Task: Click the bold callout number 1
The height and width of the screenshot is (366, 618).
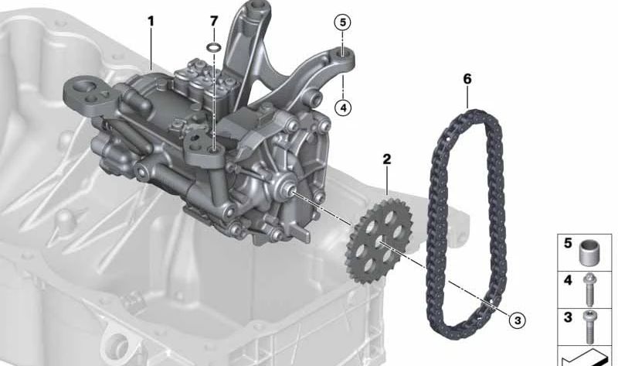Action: pyautogui.click(x=151, y=22)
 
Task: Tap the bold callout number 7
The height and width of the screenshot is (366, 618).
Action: pyautogui.click(x=214, y=21)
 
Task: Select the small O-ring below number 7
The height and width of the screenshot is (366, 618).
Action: pyautogui.click(x=214, y=47)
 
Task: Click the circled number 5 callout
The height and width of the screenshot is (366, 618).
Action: pyautogui.click(x=342, y=22)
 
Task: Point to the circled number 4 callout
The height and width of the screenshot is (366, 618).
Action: pyautogui.click(x=343, y=108)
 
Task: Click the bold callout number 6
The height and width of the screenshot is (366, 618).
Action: pyautogui.click(x=467, y=79)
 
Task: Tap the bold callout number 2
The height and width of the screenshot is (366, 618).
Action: pyautogui.click(x=387, y=159)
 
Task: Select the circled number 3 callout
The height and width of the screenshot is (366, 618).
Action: pyautogui.click(x=518, y=320)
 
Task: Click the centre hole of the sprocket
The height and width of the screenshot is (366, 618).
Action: pyautogui.click(x=379, y=241)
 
